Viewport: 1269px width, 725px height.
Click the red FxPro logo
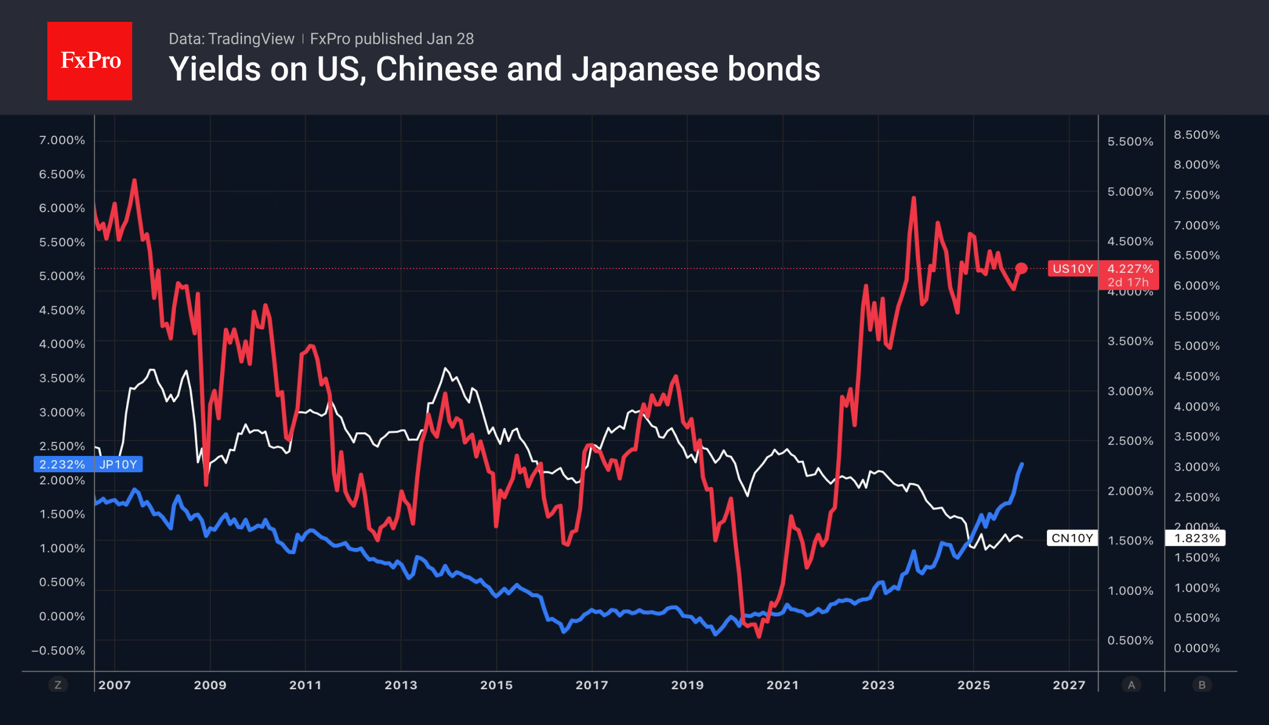(x=90, y=61)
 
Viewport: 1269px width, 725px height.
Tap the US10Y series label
(x=1072, y=269)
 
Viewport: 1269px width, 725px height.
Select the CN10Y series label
(x=1072, y=538)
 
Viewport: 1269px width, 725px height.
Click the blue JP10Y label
(x=118, y=464)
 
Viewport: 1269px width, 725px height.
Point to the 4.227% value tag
(x=1130, y=269)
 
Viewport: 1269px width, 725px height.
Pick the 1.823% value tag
(x=1196, y=538)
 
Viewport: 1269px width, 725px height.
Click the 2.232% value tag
(x=62, y=464)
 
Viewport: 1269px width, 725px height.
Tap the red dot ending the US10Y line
(x=1022, y=268)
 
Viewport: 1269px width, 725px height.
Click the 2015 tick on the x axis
(x=496, y=685)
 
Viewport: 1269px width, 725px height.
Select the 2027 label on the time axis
(x=1069, y=685)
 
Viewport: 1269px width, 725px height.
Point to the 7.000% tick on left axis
(x=62, y=140)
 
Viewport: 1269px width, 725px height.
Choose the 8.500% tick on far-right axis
(x=1196, y=135)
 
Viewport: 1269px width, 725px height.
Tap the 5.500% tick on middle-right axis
(x=1130, y=141)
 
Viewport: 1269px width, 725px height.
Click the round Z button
(x=58, y=685)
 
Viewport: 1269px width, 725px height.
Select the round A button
(x=1131, y=685)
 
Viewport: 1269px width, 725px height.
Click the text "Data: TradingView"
(x=231, y=39)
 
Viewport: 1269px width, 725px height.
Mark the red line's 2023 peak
(x=914, y=198)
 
